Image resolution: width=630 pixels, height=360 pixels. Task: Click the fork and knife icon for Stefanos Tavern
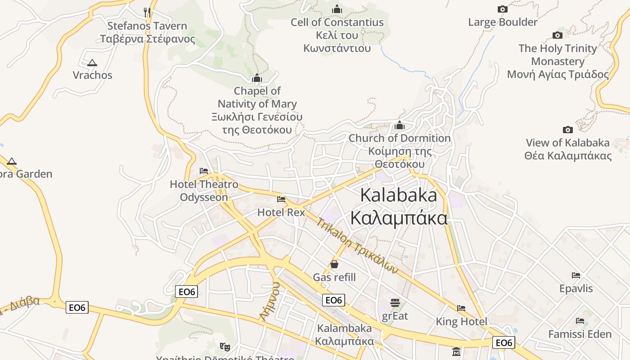pyautogui.click(x=147, y=12)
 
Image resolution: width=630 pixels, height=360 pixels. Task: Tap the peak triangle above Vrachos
pyautogui.click(x=92, y=63)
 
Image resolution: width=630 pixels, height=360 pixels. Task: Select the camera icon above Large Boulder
pyautogui.click(x=503, y=9)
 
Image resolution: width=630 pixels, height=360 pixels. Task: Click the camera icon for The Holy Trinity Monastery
pyautogui.click(x=558, y=35)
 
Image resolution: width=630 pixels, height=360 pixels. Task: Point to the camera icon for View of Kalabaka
pyautogui.click(x=568, y=130)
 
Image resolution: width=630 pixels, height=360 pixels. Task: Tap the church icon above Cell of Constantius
pyautogui.click(x=337, y=9)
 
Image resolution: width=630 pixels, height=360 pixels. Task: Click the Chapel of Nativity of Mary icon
pyautogui.click(x=257, y=78)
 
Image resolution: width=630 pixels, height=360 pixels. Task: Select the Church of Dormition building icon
pyautogui.click(x=399, y=125)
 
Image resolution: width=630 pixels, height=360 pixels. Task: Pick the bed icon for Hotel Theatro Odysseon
pyautogui.click(x=204, y=171)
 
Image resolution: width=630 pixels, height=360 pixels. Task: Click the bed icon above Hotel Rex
pyautogui.click(x=281, y=199)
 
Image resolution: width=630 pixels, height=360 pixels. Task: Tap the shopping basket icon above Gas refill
pyautogui.click(x=334, y=264)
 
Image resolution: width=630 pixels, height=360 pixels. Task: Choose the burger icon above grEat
pyautogui.click(x=395, y=302)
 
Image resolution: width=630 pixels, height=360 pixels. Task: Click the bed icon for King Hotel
pyautogui.click(x=461, y=308)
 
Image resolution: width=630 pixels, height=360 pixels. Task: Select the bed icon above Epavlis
pyautogui.click(x=576, y=275)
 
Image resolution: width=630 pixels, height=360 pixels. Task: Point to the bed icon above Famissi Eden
pyautogui.click(x=580, y=321)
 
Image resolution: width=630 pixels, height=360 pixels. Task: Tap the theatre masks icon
pyautogui.click(x=224, y=346)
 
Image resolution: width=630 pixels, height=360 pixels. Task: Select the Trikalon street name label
pyautogui.click(x=357, y=246)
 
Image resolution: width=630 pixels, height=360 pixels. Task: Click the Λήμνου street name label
pyautogui.click(x=270, y=301)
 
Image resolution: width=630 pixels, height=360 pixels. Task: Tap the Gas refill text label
pyautogui.click(x=334, y=277)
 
